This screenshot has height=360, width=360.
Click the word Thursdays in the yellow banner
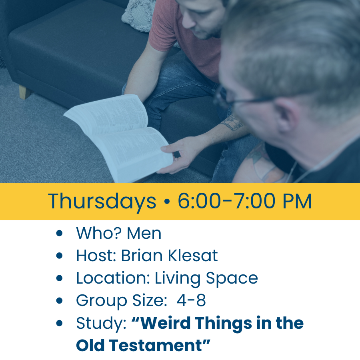click(x=102, y=202)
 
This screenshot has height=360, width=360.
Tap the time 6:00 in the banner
click(x=199, y=201)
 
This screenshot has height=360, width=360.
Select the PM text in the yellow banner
click(x=297, y=201)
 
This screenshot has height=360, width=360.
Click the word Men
click(x=144, y=234)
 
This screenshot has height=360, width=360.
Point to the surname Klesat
click(x=193, y=255)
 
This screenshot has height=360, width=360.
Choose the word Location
click(x=113, y=278)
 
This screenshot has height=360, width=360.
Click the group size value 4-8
click(x=191, y=300)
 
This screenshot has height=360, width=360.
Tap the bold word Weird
click(x=166, y=323)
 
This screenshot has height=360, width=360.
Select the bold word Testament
click(x=156, y=345)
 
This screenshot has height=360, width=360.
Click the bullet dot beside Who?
click(x=59, y=233)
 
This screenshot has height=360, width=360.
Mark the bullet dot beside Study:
click(x=59, y=323)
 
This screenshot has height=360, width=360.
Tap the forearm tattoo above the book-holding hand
click(x=232, y=123)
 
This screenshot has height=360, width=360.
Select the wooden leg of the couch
click(x=24, y=92)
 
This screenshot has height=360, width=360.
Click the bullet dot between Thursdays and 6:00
click(x=167, y=201)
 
